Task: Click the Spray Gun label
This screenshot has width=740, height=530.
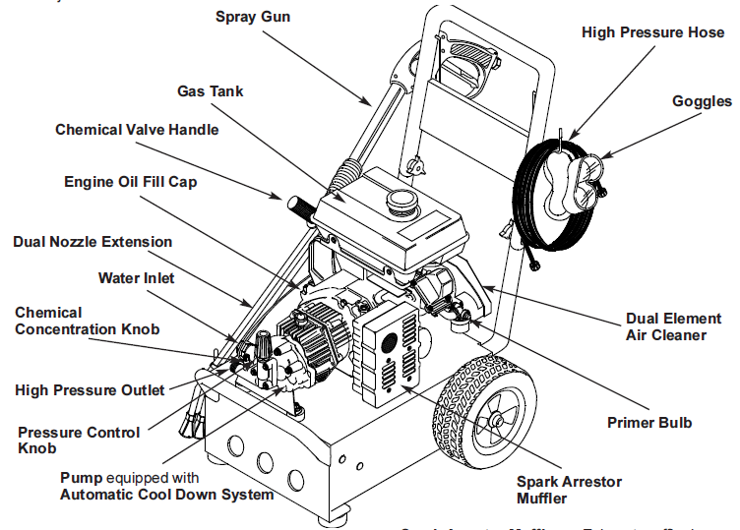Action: tap(253, 17)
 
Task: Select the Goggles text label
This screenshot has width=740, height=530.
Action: tap(702, 101)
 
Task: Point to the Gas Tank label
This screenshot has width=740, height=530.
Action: tap(211, 91)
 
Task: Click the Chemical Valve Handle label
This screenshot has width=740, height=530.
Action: tap(137, 130)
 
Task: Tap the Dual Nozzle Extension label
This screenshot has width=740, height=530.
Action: tap(92, 242)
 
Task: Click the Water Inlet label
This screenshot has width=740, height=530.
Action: tap(136, 278)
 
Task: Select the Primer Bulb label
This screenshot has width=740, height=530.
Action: tap(648, 423)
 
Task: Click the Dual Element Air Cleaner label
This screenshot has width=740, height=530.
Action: tap(666, 327)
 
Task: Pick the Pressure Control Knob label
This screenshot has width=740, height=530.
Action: tap(79, 440)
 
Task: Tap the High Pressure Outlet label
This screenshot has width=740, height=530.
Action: tap(90, 390)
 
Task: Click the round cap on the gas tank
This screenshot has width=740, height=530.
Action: tap(401, 201)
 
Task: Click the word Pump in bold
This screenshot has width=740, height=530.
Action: tap(81, 477)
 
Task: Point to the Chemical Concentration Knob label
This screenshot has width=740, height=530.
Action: tap(87, 321)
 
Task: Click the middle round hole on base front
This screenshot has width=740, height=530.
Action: tap(264, 461)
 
